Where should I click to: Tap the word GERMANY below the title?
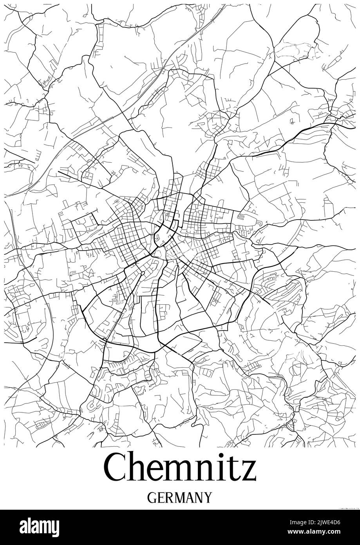click(180, 498)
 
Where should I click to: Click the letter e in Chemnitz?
click(159, 472)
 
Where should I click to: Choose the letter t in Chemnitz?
click(237, 470)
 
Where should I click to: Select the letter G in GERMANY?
click(152, 498)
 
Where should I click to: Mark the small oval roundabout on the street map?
click(143, 273)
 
